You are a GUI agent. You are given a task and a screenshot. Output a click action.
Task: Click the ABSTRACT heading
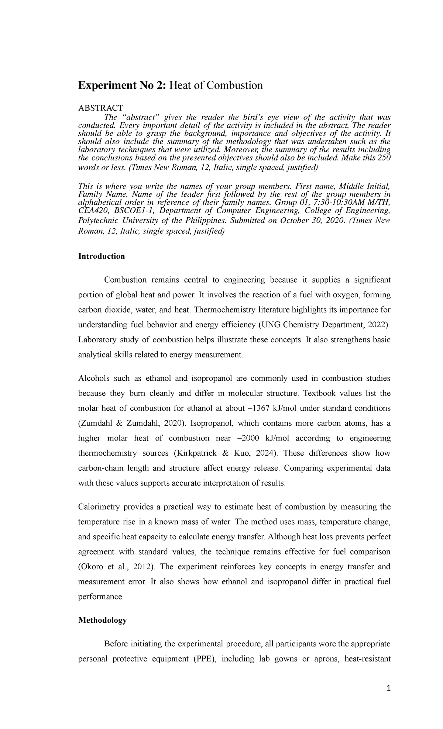100,108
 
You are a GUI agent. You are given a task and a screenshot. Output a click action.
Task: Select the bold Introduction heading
102,256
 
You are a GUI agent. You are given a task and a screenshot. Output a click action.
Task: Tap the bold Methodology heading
102,620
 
